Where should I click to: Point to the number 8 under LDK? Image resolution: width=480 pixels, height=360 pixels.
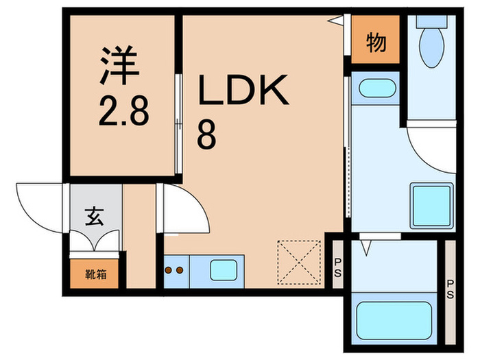[207, 134]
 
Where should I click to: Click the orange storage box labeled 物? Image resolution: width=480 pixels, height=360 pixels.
[376, 43]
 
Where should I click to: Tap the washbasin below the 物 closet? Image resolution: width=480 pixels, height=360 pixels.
[376, 88]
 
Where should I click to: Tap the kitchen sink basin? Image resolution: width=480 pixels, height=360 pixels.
[222, 269]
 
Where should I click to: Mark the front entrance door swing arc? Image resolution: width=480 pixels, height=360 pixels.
[38, 206]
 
